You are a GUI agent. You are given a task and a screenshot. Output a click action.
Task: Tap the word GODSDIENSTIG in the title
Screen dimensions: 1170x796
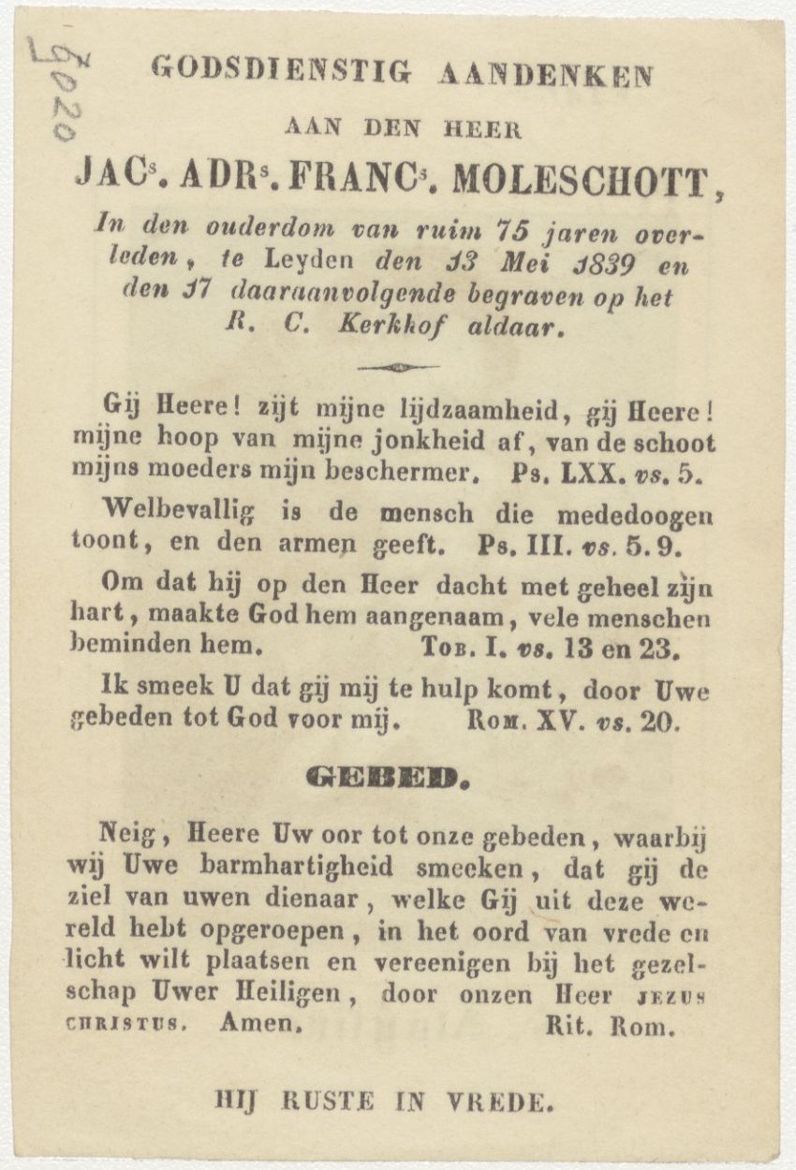click(280, 70)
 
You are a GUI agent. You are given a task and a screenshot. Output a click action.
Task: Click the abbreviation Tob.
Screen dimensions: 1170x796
click(446, 647)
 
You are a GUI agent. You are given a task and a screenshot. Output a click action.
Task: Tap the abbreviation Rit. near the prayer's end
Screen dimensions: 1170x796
click(569, 1026)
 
